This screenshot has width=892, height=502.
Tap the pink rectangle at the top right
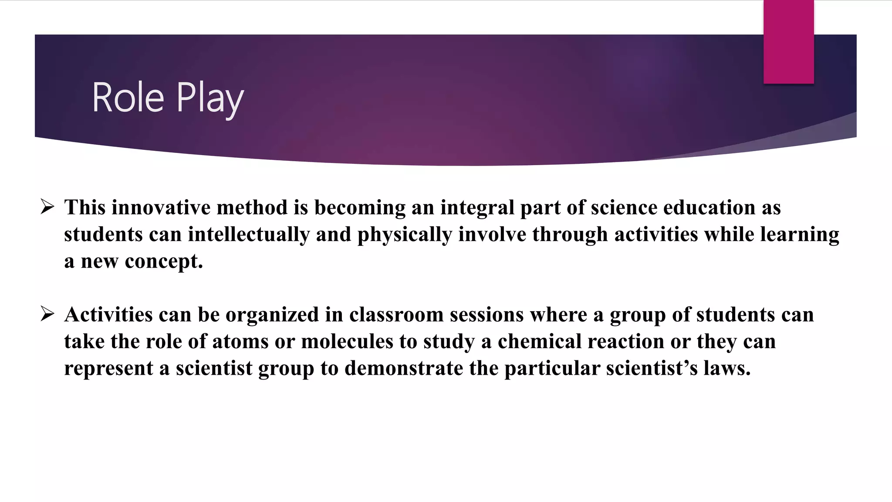coord(788,42)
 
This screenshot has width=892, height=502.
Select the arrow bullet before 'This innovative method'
coord(47,207)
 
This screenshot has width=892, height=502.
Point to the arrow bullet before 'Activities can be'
coord(47,314)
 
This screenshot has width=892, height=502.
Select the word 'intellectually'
coord(249,235)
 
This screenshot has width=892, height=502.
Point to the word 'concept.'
coord(164,261)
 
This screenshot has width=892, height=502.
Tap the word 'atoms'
coord(240,341)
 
